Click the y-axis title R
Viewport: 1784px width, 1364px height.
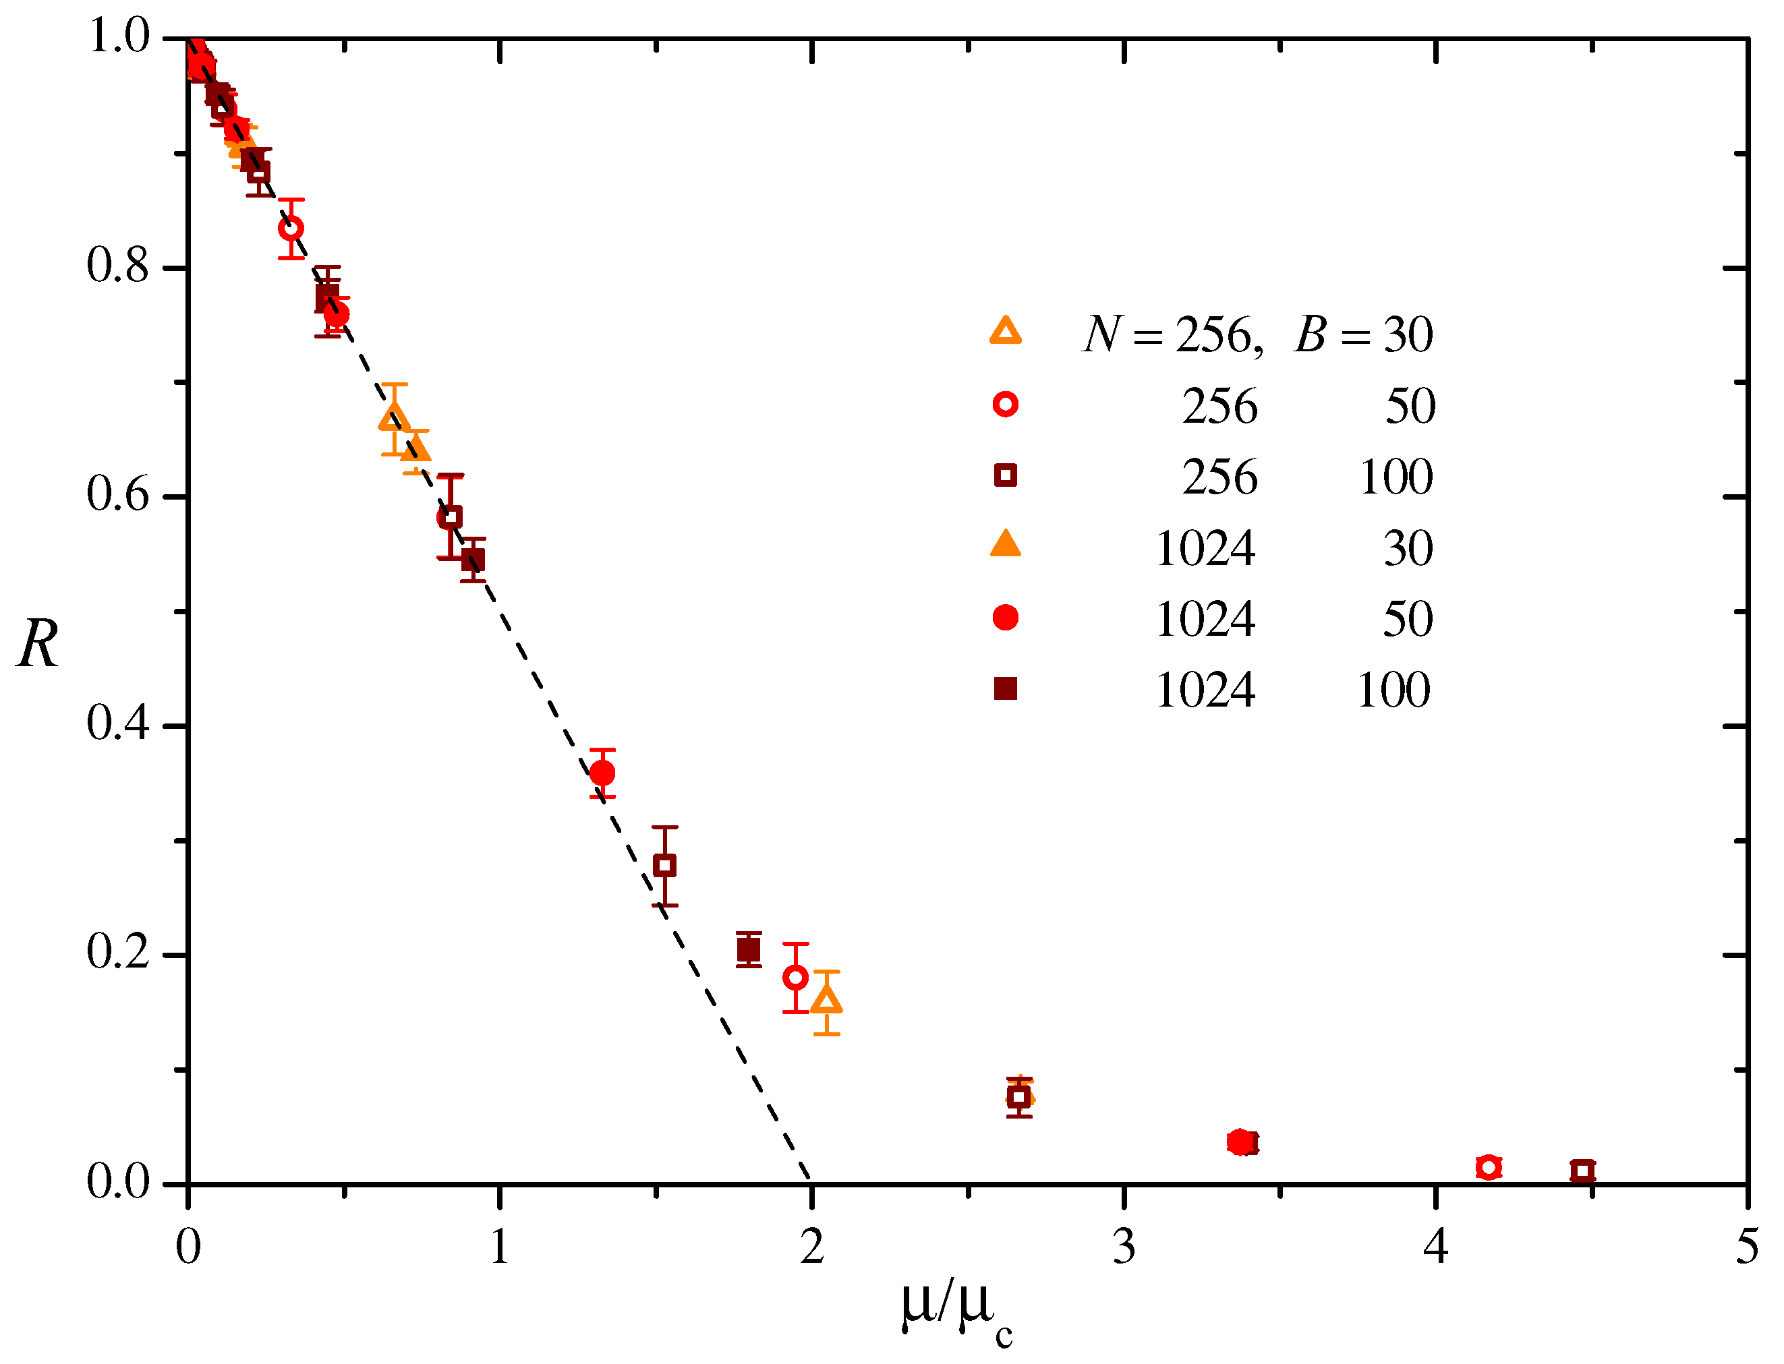38,645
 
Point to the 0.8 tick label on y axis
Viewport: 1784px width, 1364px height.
119,266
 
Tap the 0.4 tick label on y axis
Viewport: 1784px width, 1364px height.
119,723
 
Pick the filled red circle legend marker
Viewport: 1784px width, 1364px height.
1005,618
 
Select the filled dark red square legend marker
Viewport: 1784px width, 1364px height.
1005,689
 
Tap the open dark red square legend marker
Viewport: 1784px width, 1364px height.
1005,475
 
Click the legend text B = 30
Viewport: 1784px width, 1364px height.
1363,334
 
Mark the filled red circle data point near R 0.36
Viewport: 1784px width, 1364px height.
602,773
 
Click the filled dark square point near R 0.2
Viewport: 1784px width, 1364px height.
749,950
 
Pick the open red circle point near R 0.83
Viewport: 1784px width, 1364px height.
291,228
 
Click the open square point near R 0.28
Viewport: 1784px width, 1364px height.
664,866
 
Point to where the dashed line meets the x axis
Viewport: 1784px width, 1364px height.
811,1182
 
